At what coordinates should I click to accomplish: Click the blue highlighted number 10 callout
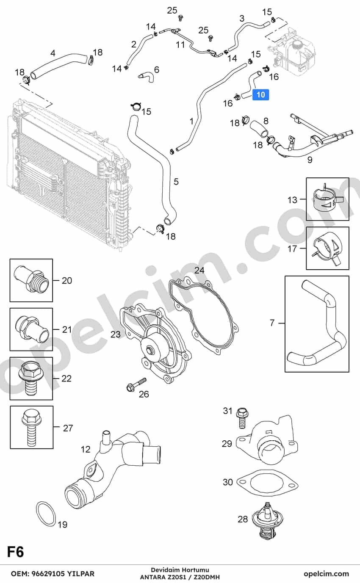coord(260,95)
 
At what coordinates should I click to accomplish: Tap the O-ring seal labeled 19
coord(46,513)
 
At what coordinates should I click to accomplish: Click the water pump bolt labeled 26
coord(136,384)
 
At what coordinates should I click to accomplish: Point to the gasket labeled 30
coord(267,484)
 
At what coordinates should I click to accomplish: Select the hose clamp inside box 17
coord(327,249)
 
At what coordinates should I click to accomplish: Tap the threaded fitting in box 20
coord(31,280)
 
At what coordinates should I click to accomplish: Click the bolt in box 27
coord(31,427)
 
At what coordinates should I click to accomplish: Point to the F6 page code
coord(15,552)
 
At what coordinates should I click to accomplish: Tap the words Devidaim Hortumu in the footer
coord(180,570)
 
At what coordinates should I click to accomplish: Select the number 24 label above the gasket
coord(199,271)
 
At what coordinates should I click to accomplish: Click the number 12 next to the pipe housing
coord(86,449)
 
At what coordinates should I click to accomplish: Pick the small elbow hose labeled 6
coord(146,77)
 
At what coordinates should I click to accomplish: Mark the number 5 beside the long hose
coord(176,182)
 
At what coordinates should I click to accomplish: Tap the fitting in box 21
coord(31,329)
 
